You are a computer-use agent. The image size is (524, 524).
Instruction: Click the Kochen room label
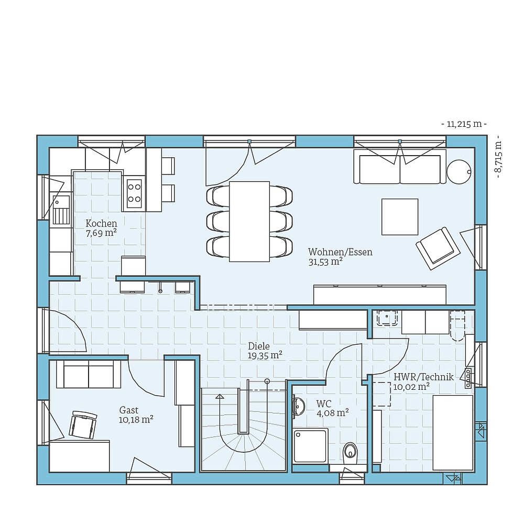pos(101,224)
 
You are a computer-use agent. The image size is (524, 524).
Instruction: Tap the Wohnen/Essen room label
pos(340,252)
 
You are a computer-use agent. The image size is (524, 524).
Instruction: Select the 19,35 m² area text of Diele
pos(265,355)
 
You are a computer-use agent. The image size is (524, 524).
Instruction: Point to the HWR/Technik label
pos(416,376)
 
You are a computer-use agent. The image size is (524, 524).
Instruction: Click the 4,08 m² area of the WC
pos(332,413)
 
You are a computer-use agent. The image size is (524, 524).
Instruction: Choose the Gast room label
pos(129,410)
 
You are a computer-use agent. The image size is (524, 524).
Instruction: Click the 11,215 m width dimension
pos(464,124)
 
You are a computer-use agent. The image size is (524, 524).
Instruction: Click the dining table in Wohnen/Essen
pos(249,221)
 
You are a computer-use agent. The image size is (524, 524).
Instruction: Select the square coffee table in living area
pos(400,216)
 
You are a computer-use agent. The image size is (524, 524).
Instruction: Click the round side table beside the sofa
pos(460,171)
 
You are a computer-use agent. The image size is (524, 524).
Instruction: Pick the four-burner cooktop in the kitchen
pos(134,192)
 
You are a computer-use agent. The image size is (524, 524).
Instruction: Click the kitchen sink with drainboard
pos(61,208)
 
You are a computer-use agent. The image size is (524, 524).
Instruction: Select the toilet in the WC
pos(350,451)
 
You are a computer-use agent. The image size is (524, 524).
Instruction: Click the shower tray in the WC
pos(311,445)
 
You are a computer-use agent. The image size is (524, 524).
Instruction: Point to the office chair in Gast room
pos(84,424)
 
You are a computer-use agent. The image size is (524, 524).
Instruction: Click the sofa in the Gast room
pos(89,375)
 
